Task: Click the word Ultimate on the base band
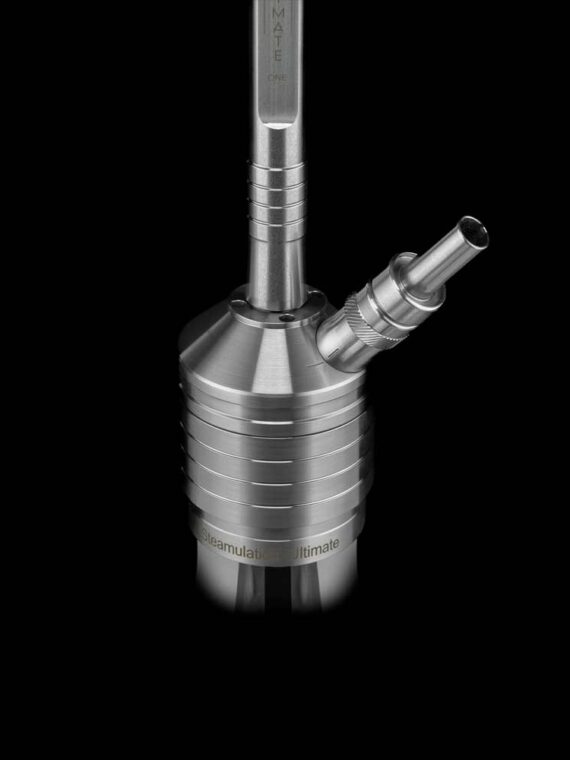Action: (x=315, y=542)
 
